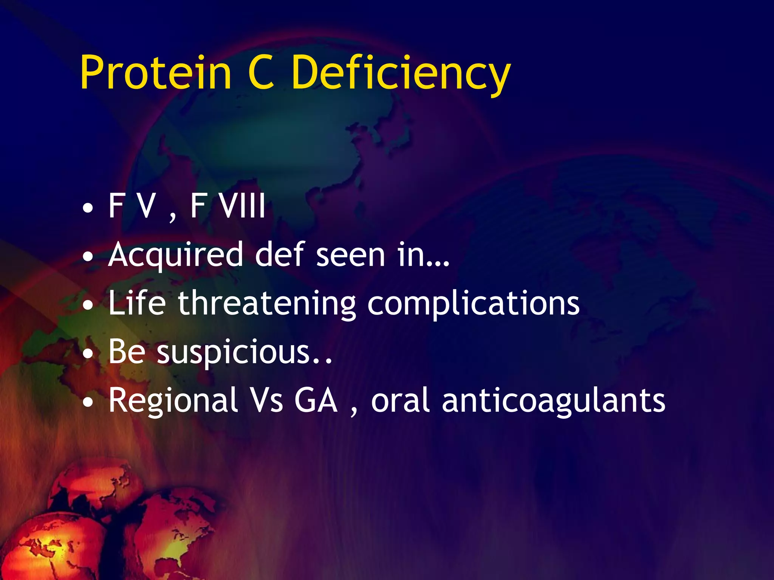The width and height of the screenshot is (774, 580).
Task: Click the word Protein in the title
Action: coord(155,72)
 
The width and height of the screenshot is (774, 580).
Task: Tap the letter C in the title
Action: coord(261,72)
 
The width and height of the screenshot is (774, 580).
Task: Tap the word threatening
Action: coord(267,304)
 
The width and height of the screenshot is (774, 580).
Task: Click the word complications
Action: coord(474,304)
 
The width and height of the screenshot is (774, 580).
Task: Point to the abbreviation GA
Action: coord(316,400)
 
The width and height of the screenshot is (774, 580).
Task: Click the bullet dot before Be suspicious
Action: coord(88,354)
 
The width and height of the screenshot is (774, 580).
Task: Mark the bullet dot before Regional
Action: coord(88,403)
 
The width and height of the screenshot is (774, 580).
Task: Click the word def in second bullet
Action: coord(280,255)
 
